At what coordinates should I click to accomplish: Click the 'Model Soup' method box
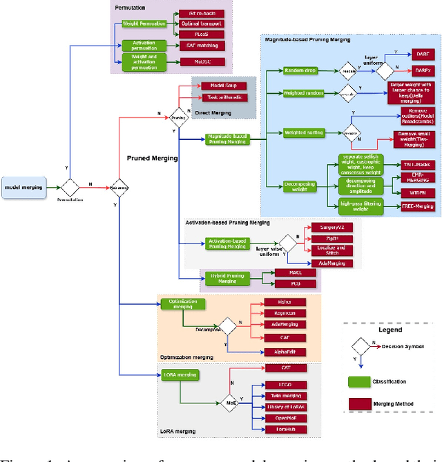coord(215,85)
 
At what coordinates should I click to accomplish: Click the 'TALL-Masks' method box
coord(416,165)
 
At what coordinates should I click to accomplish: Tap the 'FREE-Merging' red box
coord(416,205)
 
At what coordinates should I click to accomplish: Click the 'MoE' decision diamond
coord(231,401)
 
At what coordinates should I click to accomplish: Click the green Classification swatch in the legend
coord(359,381)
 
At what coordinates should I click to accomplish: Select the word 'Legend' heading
coord(390,330)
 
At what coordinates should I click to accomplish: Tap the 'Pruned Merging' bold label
coord(151,158)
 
